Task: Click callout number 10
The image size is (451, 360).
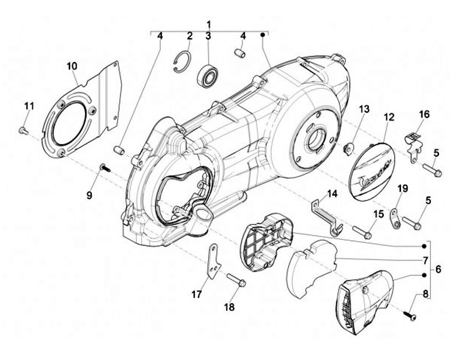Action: click(72, 66)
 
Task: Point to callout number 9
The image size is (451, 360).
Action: click(89, 195)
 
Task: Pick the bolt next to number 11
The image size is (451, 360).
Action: click(22, 130)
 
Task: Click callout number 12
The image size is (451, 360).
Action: click(389, 116)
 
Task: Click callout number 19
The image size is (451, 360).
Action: click(402, 188)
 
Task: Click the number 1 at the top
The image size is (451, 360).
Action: click(209, 23)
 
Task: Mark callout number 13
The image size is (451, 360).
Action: click(365, 110)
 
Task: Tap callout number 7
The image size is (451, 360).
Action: click(425, 259)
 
